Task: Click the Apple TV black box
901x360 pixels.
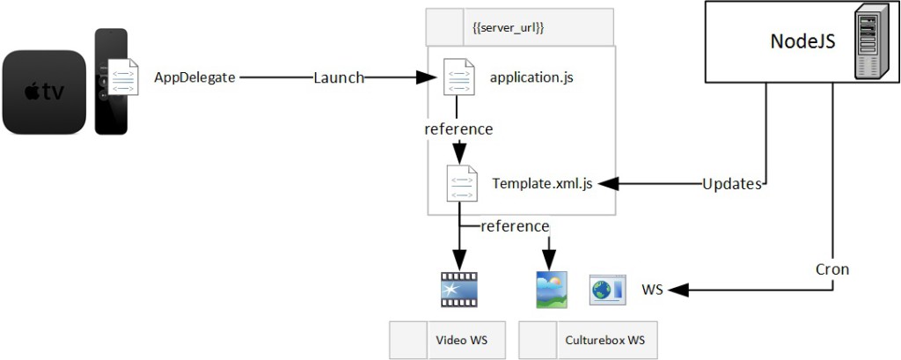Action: tap(46, 92)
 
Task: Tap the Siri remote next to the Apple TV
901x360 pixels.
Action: tap(111, 82)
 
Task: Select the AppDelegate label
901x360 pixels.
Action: tap(194, 77)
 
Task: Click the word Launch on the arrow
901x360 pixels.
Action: tap(339, 77)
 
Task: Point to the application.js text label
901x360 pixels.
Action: tap(531, 77)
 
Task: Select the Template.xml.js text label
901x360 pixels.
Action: tap(542, 183)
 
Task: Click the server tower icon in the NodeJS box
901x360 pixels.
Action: tap(868, 42)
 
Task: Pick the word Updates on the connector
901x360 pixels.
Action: tap(731, 184)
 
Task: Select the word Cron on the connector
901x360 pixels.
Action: tap(831, 269)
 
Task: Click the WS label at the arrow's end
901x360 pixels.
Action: tap(652, 290)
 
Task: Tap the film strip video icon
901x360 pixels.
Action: tap(458, 290)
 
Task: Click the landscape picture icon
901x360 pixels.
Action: tap(552, 290)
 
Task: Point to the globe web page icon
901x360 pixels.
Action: tap(606, 290)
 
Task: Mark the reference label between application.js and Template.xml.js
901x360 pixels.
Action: tap(458, 129)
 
